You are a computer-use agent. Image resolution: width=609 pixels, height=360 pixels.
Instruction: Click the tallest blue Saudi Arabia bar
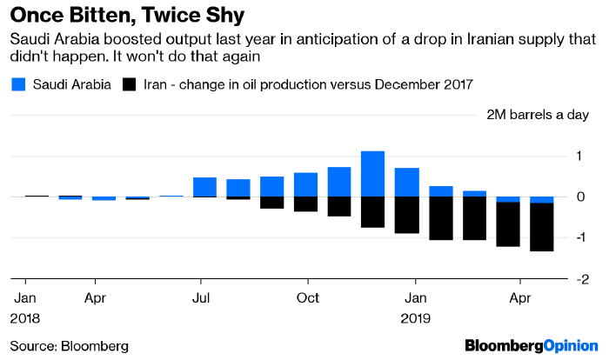click(x=372, y=174)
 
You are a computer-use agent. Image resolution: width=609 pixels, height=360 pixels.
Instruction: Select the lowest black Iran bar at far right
click(x=541, y=227)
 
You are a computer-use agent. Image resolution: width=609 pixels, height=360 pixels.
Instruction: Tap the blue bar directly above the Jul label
click(x=204, y=187)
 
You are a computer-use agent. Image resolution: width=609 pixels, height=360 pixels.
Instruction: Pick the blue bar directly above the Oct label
click(x=305, y=184)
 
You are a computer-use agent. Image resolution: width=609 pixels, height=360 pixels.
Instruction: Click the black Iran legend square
click(x=130, y=84)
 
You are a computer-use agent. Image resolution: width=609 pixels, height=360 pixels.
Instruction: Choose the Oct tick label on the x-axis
click(x=306, y=297)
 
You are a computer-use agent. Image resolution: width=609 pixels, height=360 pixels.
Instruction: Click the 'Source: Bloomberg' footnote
click(x=69, y=345)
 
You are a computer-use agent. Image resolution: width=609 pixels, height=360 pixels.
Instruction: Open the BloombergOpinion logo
click(x=532, y=345)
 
